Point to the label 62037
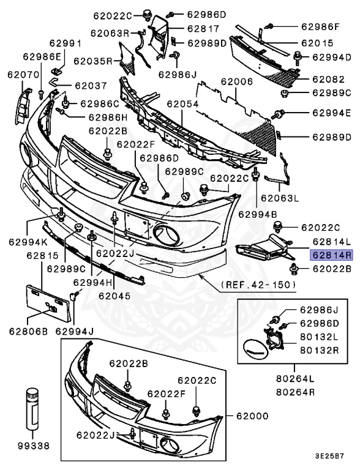91,86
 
